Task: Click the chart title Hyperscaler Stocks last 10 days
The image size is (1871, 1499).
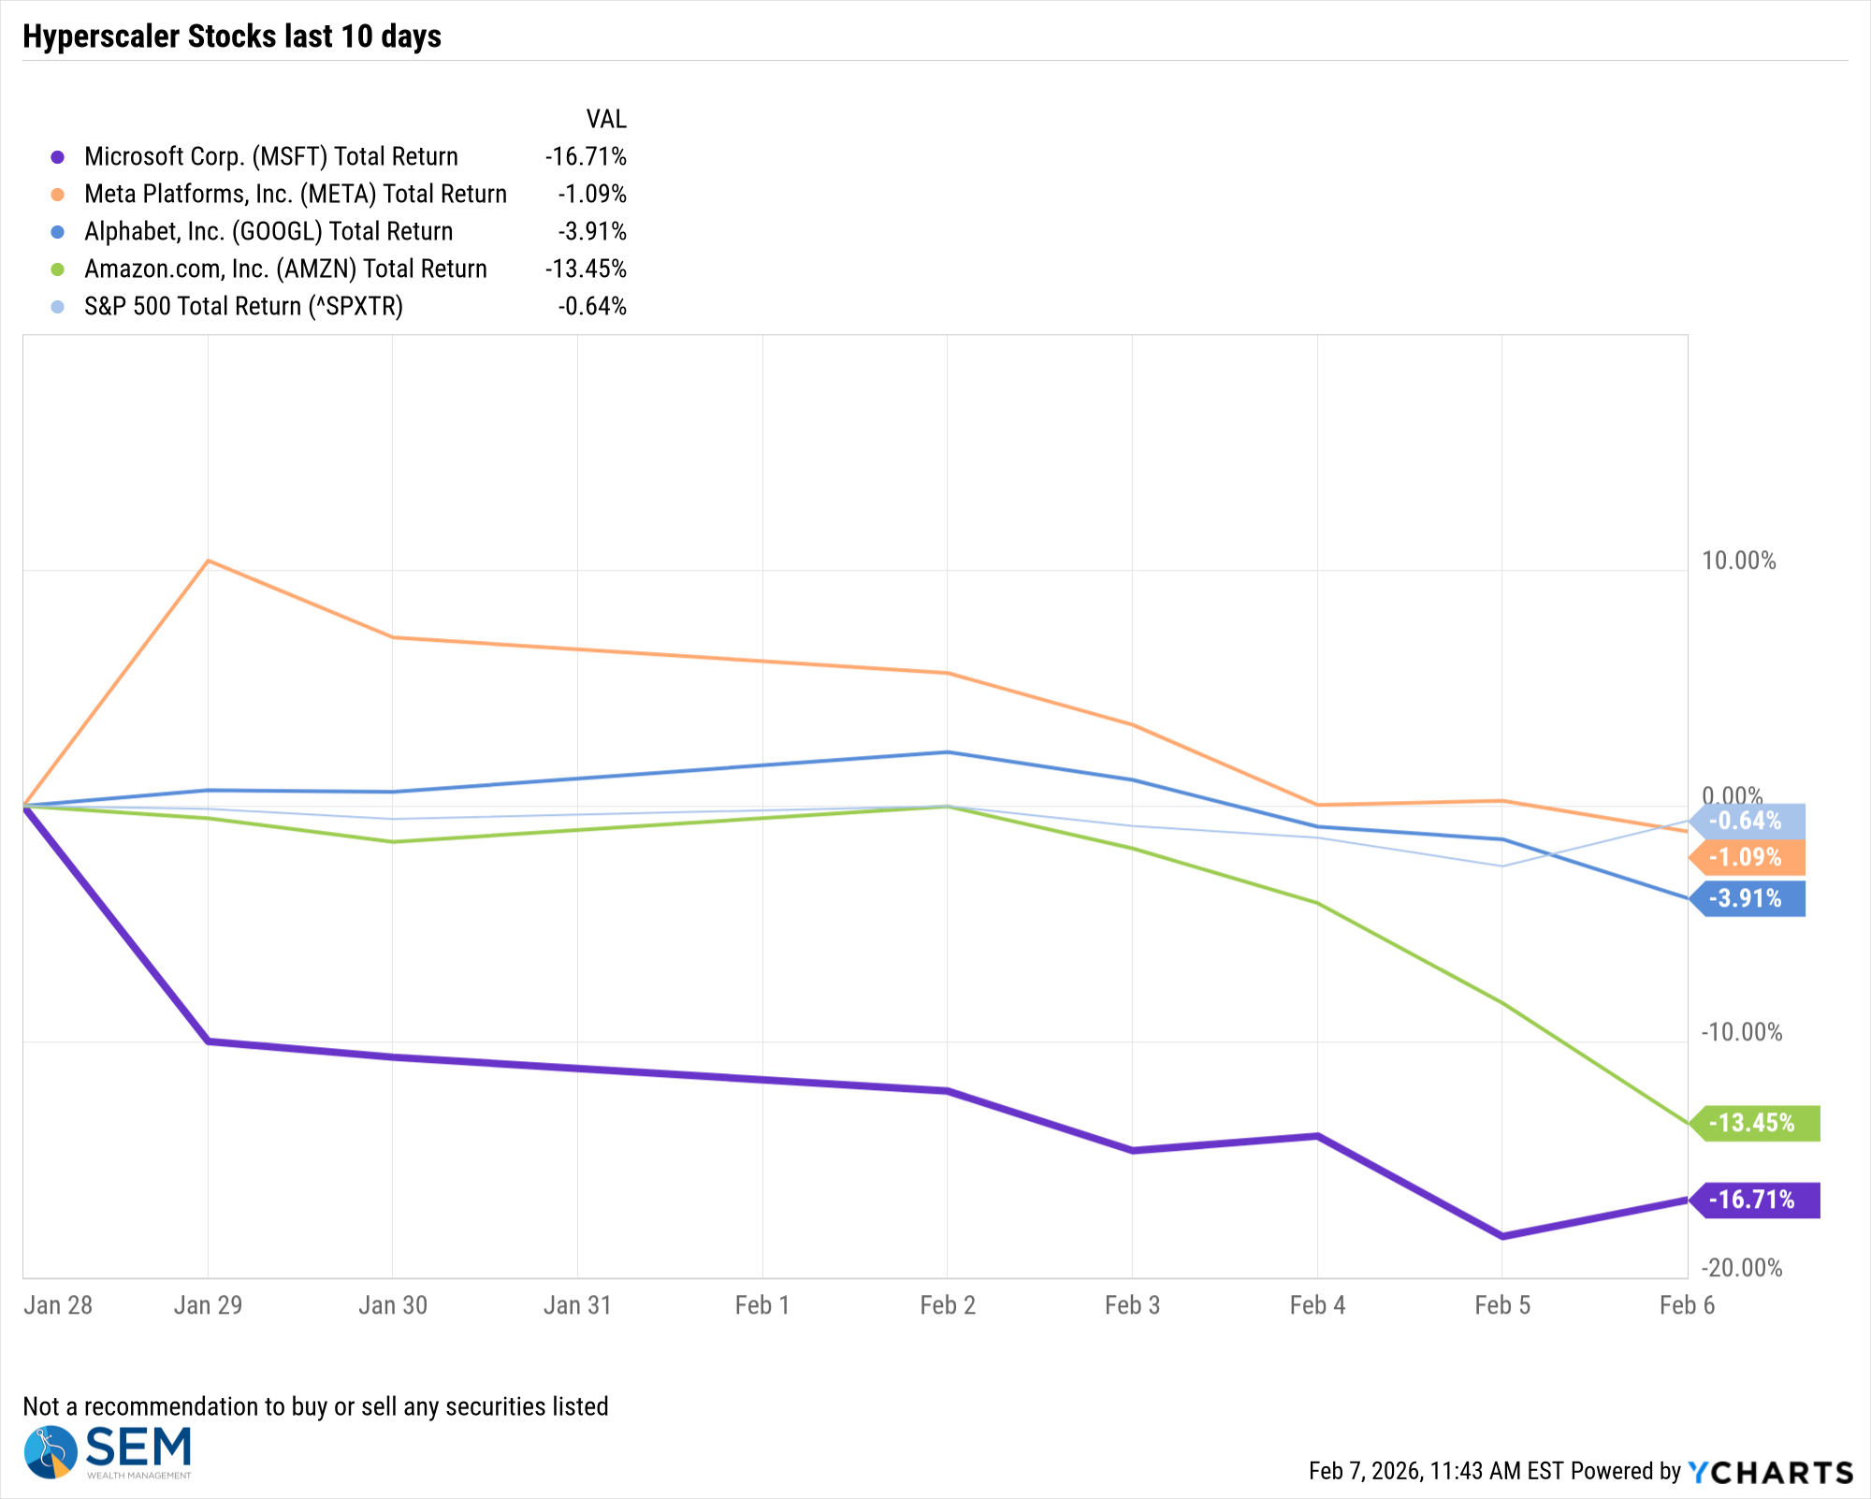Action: point(232,36)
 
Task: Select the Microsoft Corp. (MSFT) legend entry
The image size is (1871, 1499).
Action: point(270,156)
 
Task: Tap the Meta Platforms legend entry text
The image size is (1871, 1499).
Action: point(295,194)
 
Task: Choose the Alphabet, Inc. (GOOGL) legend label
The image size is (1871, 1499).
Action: point(268,231)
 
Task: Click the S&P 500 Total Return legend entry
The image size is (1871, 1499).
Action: point(243,306)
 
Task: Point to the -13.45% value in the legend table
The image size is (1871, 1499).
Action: point(586,269)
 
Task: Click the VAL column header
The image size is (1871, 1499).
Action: point(606,119)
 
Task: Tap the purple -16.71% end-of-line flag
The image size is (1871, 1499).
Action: point(1753,1200)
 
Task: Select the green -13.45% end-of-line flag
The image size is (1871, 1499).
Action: point(1753,1123)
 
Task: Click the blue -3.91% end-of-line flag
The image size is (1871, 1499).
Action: point(1747,898)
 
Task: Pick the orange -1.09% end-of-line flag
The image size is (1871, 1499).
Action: point(1746,857)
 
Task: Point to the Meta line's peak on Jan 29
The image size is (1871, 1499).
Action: point(208,560)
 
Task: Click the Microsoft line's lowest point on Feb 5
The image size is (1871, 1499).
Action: point(1502,1236)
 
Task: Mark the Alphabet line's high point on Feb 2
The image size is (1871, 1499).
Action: point(948,752)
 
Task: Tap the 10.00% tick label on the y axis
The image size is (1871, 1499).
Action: point(1738,560)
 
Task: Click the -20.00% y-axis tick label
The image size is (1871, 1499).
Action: point(1741,1268)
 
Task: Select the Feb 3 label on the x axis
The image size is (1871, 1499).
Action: point(1132,1305)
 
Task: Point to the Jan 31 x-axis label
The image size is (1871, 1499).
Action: point(577,1305)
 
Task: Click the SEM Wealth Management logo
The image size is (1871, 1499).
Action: point(108,1451)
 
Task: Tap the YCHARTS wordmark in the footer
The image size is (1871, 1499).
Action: point(1770,1472)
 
